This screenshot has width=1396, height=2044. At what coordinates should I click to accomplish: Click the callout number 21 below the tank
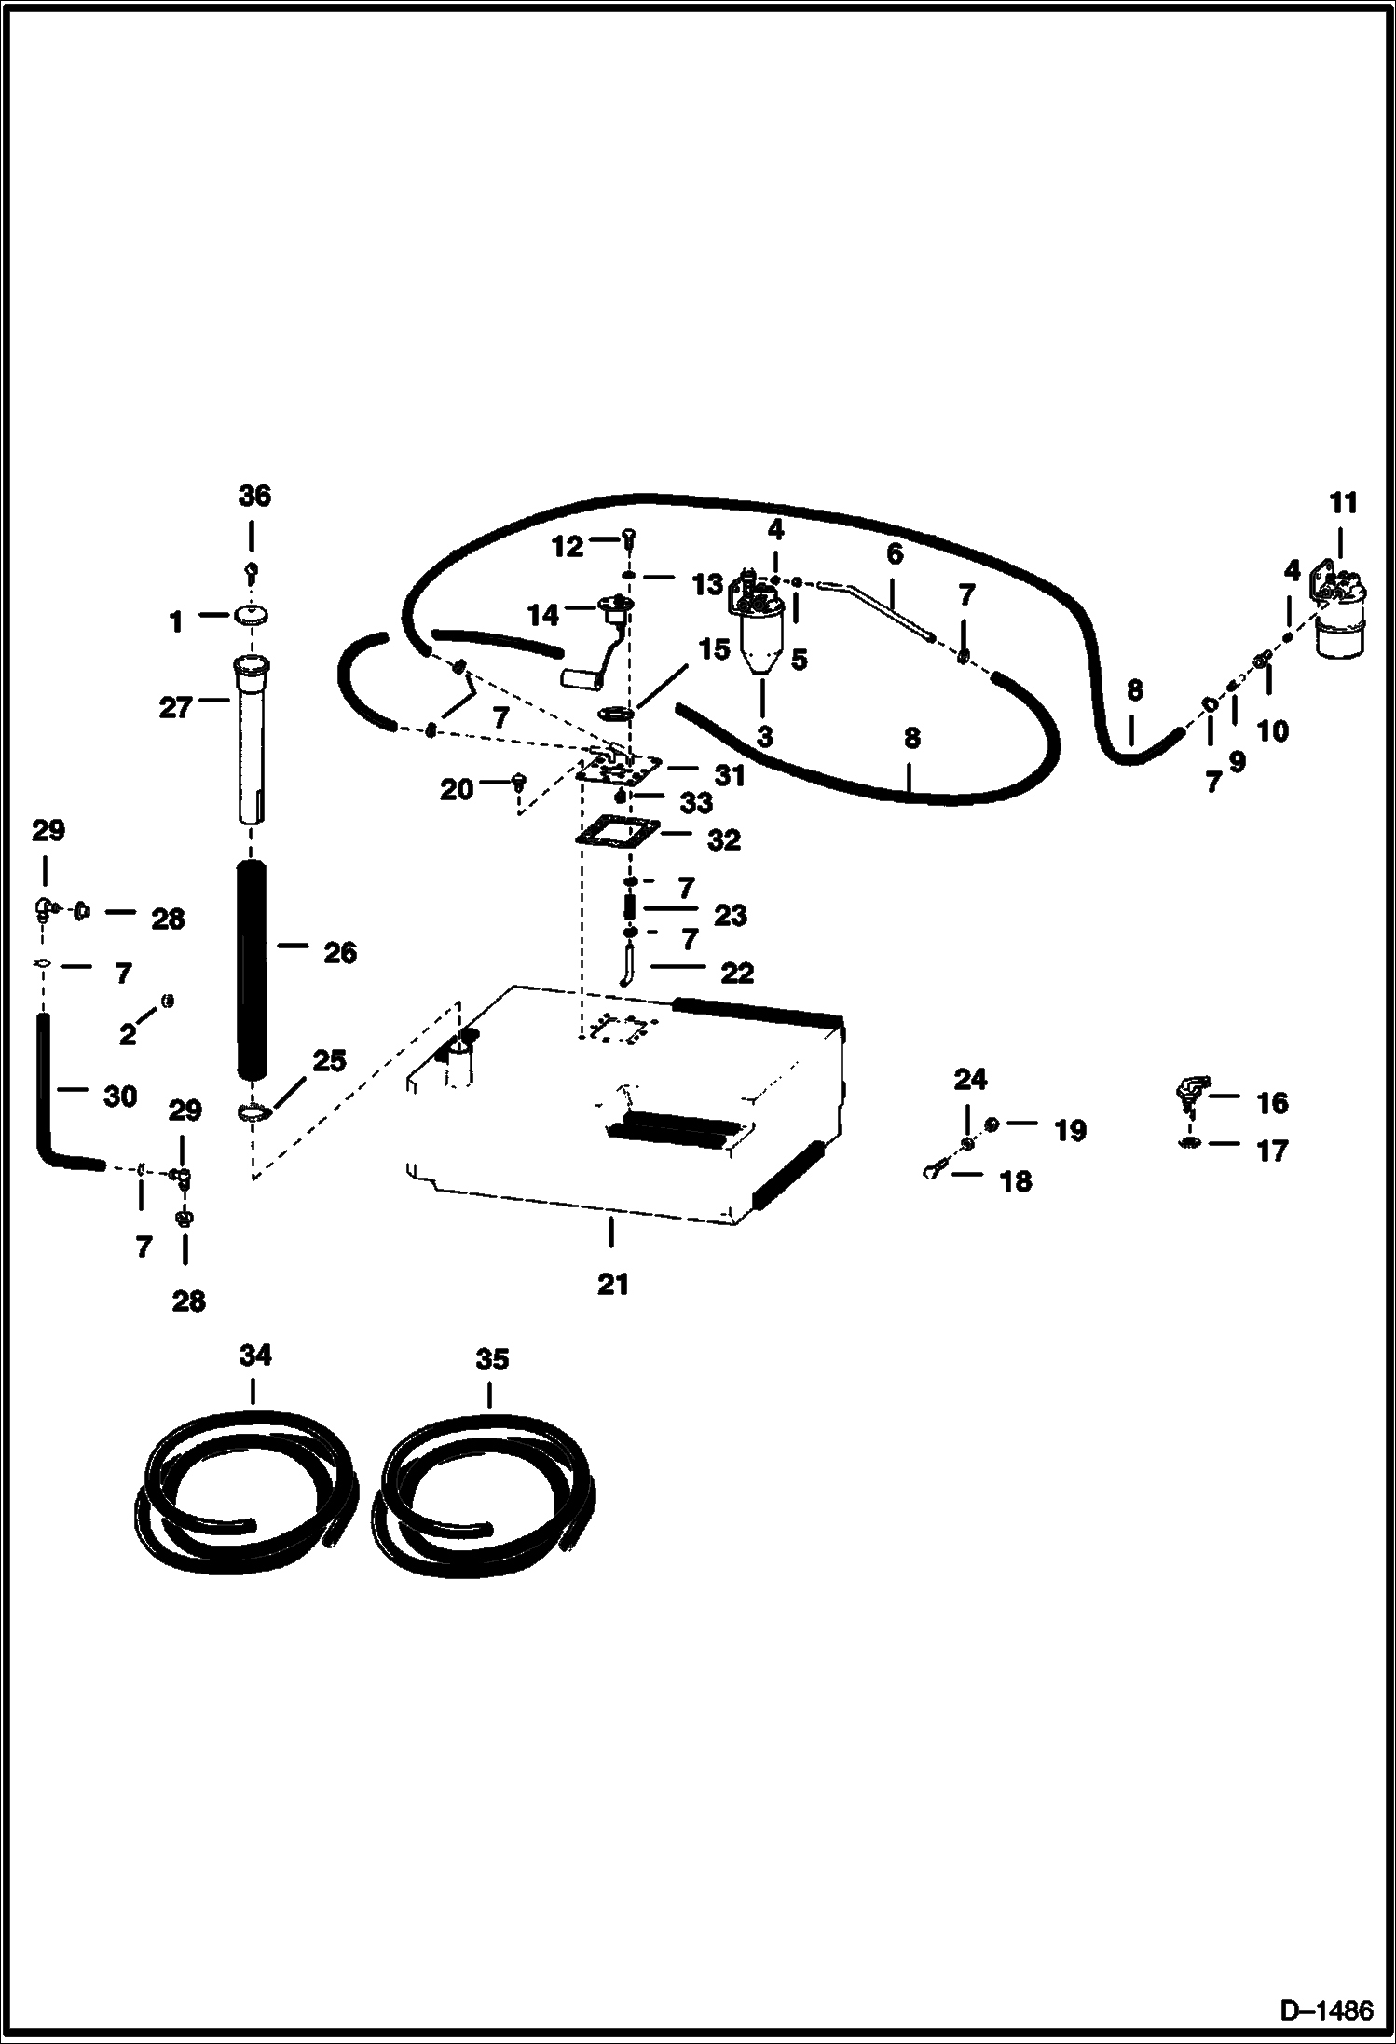pos(612,1285)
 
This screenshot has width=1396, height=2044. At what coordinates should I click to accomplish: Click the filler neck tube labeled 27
pos(252,736)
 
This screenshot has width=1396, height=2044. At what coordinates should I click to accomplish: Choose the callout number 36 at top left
pos(253,497)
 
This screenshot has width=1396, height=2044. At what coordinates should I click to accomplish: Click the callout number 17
pos(1271,1151)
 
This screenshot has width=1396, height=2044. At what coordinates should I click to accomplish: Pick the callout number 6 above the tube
pos(895,554)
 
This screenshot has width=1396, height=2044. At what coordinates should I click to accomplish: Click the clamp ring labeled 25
pos(253,1112)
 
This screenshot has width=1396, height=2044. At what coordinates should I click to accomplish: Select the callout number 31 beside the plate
pos(729,775)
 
